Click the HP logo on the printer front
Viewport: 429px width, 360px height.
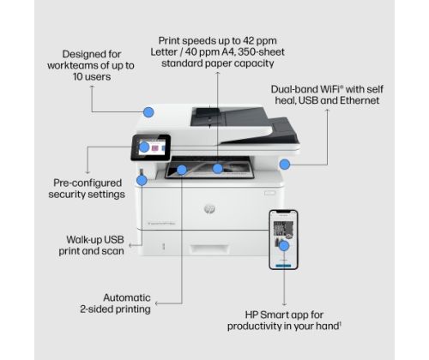point(209,209)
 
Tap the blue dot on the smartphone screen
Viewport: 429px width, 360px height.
point(284,246)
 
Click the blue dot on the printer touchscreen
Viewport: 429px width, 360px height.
point(144,147)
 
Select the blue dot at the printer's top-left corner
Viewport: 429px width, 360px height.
point(148,112)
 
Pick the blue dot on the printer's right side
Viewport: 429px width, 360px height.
point(285,165)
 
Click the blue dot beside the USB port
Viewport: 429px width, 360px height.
point(142,180)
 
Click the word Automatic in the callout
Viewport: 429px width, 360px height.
point(127,297)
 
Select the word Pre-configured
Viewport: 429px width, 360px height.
point(88,183)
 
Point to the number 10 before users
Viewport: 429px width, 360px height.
point(77,77)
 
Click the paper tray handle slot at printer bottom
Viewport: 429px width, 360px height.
point(208,249)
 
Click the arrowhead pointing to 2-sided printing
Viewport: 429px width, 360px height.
point(156,303)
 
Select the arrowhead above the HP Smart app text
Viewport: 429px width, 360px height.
point(284,304)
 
